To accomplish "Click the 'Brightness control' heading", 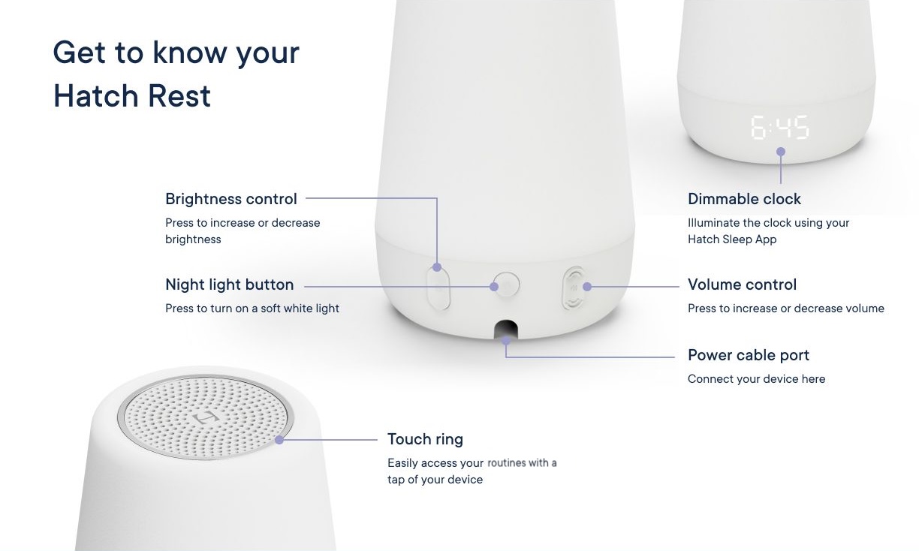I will pyautogui.click(x=231, y=199).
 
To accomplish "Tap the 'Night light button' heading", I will pyautogui.click(x=229, y=285).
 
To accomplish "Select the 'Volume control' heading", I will pyautogui.click(x=742, y=285).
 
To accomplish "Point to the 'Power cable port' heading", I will pyautogui.click(x=749, y=355).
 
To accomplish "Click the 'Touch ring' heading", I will pyautogui.click(x=425, y=439).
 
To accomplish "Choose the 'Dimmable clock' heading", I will pyautogui.click(x=744, y=199).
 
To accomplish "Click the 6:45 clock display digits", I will pyautogui.click(x=780, y=128).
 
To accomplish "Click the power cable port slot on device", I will pyautogui.click(x=506, y=330).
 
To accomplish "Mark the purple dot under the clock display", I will pyautogui.click(x=781, y=152).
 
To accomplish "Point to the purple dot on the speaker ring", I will pyautogui.click(x=279, y=439).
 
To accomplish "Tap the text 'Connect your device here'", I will pyautogui.click(x=756, y=379).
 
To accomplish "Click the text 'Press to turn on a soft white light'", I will pyautogui.click(x=252, y=309).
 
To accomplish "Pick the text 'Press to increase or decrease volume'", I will pyautogui.click(x=785, y=309).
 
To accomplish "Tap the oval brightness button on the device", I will pyautogui.click(x=438, y=286).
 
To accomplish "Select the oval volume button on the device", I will pyautogui.click(x=574, y=287).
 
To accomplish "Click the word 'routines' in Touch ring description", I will pyautogui.click(x=508, y=463).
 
